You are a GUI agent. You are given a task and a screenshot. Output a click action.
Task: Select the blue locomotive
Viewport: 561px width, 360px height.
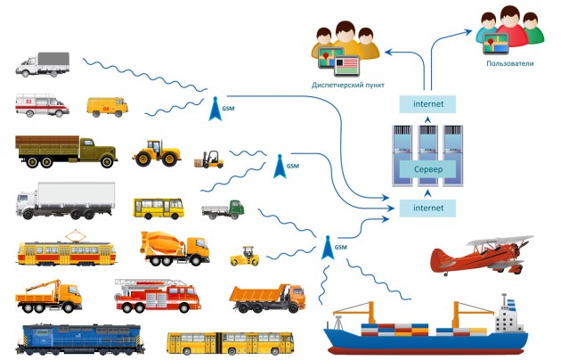pos(79,340)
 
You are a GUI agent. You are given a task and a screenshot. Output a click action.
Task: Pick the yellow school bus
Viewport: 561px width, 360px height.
pos(159,209)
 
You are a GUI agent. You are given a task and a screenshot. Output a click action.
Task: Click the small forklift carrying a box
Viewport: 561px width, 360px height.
pos(208,160)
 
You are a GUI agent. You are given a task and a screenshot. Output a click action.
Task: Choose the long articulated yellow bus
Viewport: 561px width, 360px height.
pos(231,342)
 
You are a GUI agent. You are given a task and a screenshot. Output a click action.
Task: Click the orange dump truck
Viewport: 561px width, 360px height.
pos(266,296)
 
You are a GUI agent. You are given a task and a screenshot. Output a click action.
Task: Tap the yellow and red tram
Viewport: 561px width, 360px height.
pos(66,250)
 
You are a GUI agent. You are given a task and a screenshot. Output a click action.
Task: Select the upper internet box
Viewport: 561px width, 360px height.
pos(427,105)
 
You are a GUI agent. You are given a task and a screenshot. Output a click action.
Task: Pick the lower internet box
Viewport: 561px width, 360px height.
pos(427,208)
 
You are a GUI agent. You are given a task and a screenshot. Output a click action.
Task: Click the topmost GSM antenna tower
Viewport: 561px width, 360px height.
pos(215,108)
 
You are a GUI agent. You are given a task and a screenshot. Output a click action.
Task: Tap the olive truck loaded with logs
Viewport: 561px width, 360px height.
pos(66,151)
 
